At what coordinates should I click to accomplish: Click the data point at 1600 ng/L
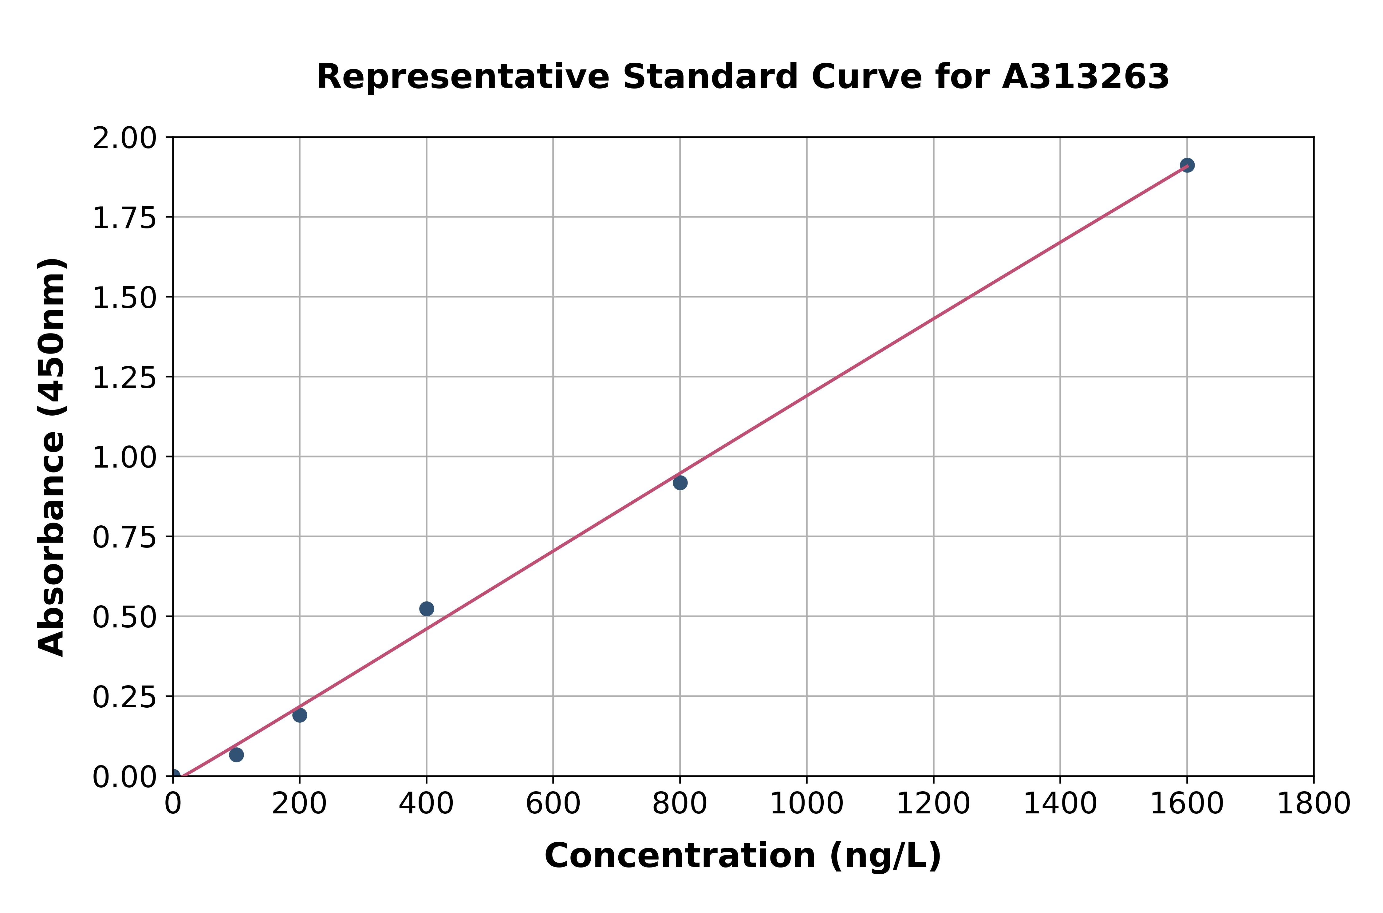pyautogui.click(x=1187, y=165)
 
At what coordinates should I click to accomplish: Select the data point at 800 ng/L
pyautogui.click(x=680, y=483)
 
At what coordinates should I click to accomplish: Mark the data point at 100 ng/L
pyautogui.click(x=236, y=755)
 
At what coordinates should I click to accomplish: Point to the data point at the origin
pyautogui.click(x=173, y=776)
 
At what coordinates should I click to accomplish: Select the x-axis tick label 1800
pyautogui.click(x=1313, y=804)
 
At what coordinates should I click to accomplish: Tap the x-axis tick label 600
pyautogui.click(x=553, y=804)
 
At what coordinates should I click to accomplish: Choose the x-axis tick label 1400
pyautogui.click(x=1060, y=804)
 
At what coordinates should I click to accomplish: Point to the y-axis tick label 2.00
pyautogui.click(x=124, y=139)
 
